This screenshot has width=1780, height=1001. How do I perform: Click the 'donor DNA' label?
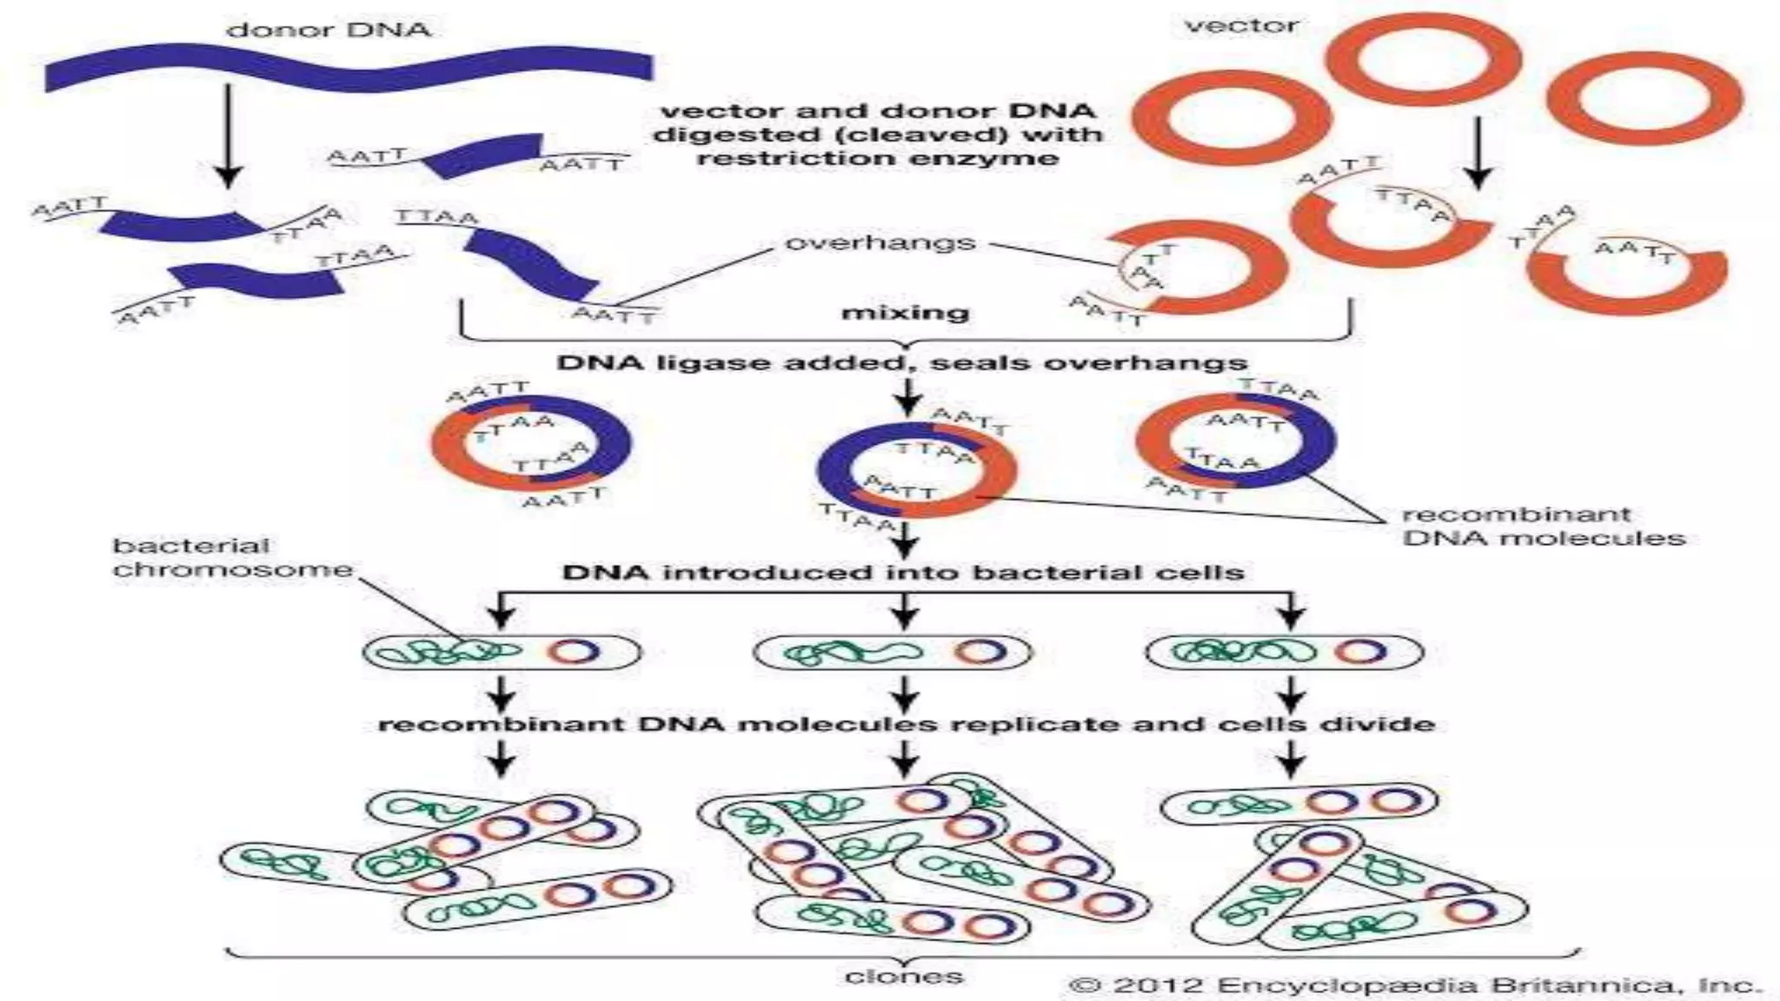329,30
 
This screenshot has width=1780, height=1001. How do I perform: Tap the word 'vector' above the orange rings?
1242,26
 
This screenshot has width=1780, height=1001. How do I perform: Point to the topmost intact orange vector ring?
1423,59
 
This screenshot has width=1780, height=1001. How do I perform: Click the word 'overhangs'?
880,242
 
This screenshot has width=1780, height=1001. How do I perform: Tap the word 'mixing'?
905,312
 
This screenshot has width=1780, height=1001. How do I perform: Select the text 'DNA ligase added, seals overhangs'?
901,362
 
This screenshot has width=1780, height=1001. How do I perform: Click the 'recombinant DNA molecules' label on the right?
1544,527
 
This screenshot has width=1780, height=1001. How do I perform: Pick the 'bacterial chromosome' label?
233,558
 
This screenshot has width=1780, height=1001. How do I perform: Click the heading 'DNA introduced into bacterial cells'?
903,573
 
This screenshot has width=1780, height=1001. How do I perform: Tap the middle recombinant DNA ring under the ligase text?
916,470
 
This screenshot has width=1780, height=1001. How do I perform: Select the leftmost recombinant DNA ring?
531,444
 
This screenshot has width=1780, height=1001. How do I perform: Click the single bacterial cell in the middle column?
892,653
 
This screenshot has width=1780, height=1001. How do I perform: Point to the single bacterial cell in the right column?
1285,652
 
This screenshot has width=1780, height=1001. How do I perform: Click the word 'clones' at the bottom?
904,977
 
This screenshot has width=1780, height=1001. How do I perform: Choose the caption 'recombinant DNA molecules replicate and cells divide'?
906,724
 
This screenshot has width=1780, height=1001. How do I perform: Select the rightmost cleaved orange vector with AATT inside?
1626,274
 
